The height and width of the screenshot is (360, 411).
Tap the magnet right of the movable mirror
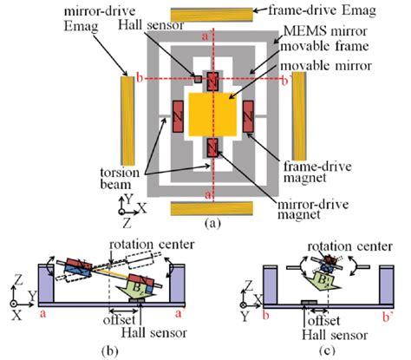[249, 115]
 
